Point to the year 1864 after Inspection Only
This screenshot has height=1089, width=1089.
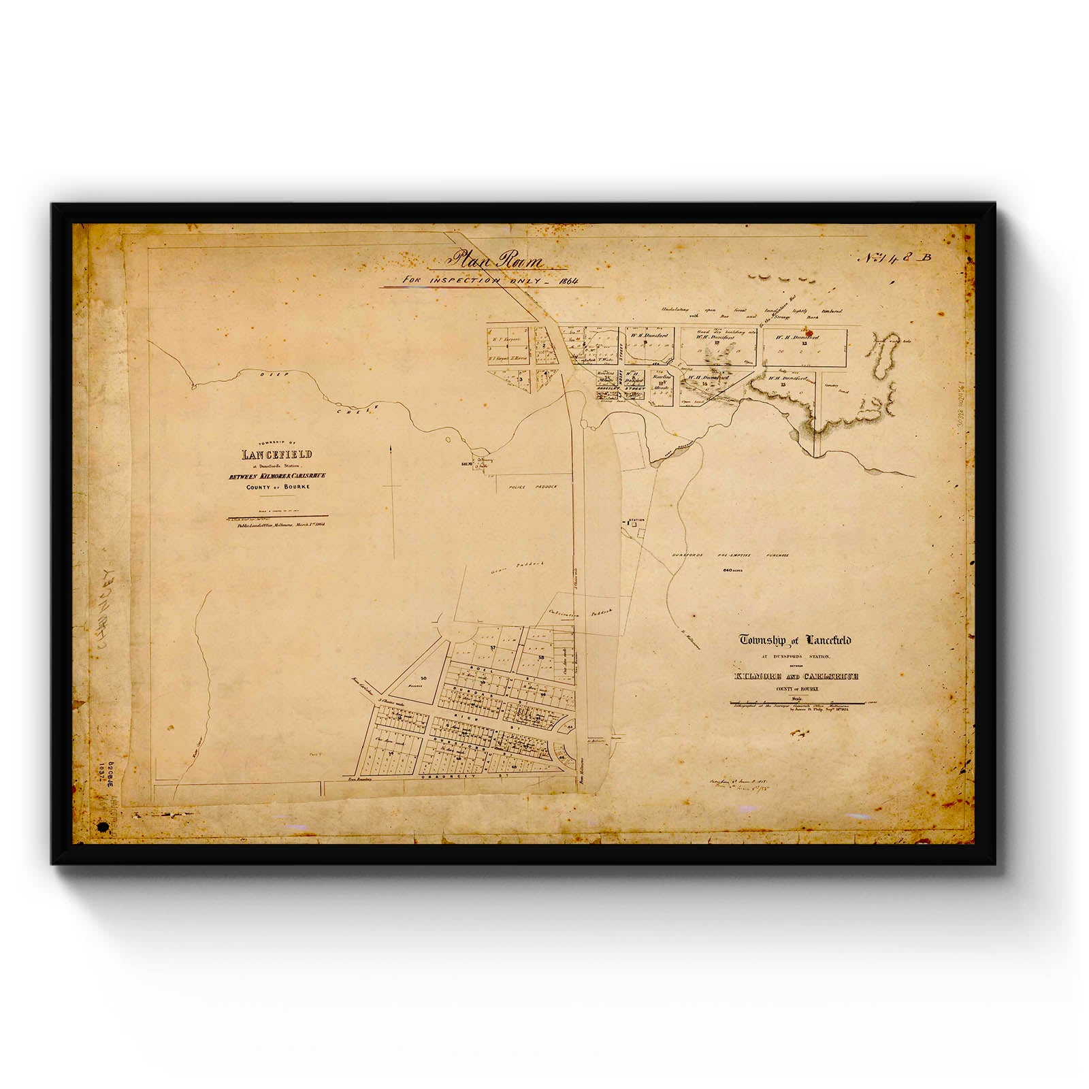pos(563,280)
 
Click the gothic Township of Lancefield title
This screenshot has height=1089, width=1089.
pos(795,640)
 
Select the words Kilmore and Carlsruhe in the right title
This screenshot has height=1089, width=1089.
pos(794,677)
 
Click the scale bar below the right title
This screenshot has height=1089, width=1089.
pos(794,701)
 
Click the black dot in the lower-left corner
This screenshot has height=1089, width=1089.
pos(103,827)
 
